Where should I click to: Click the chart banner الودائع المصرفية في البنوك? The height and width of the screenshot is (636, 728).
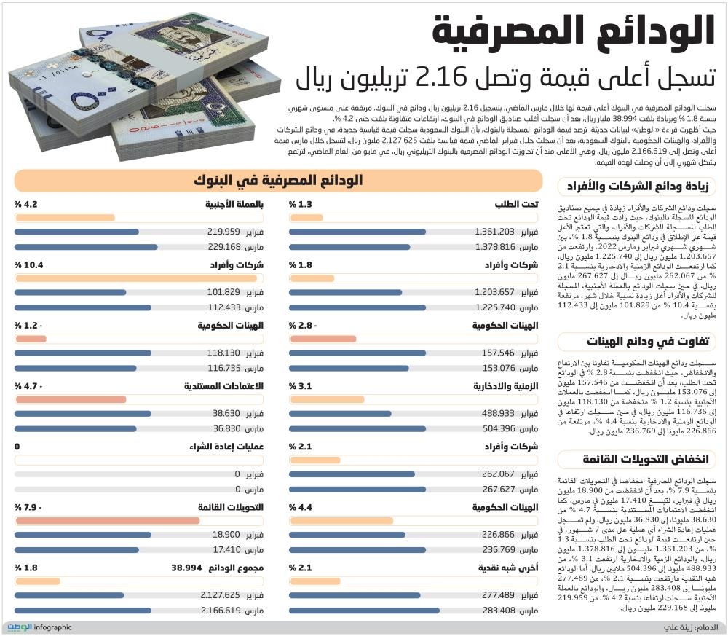coord(278,181)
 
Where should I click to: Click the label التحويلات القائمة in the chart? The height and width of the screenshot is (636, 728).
coord(230,507)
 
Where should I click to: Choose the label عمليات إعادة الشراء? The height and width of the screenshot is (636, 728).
coord(226,447)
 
